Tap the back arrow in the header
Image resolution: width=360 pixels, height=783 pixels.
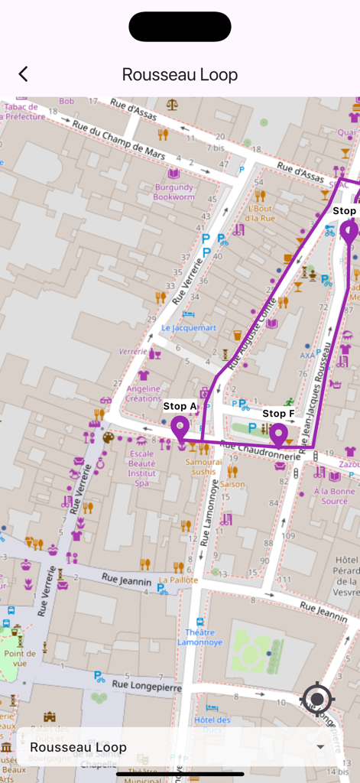[x=24, y=74]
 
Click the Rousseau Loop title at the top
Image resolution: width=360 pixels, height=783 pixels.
[x=180, y=74]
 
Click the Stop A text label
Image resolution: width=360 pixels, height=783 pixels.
[x=180, y=406]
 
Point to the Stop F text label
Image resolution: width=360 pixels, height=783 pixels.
[x=278, y=414]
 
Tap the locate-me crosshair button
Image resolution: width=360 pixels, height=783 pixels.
[x=318, y=699]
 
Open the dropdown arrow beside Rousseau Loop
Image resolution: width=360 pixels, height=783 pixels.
[x=319, y=747]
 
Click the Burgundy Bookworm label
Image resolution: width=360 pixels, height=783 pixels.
[x=174, y=191]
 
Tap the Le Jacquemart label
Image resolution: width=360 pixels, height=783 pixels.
[x=188, y=328]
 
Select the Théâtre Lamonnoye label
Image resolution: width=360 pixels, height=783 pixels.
[x=200, y=638]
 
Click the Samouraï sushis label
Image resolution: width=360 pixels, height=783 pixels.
[x=204, y=467]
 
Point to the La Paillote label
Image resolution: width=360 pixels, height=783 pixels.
[x=178, y=580]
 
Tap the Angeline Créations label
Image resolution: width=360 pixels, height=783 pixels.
[x=144, y=393]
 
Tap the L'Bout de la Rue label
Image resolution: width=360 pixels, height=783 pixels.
[x=261, y=213]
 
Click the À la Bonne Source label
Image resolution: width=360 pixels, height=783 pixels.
[x=335, y=496]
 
